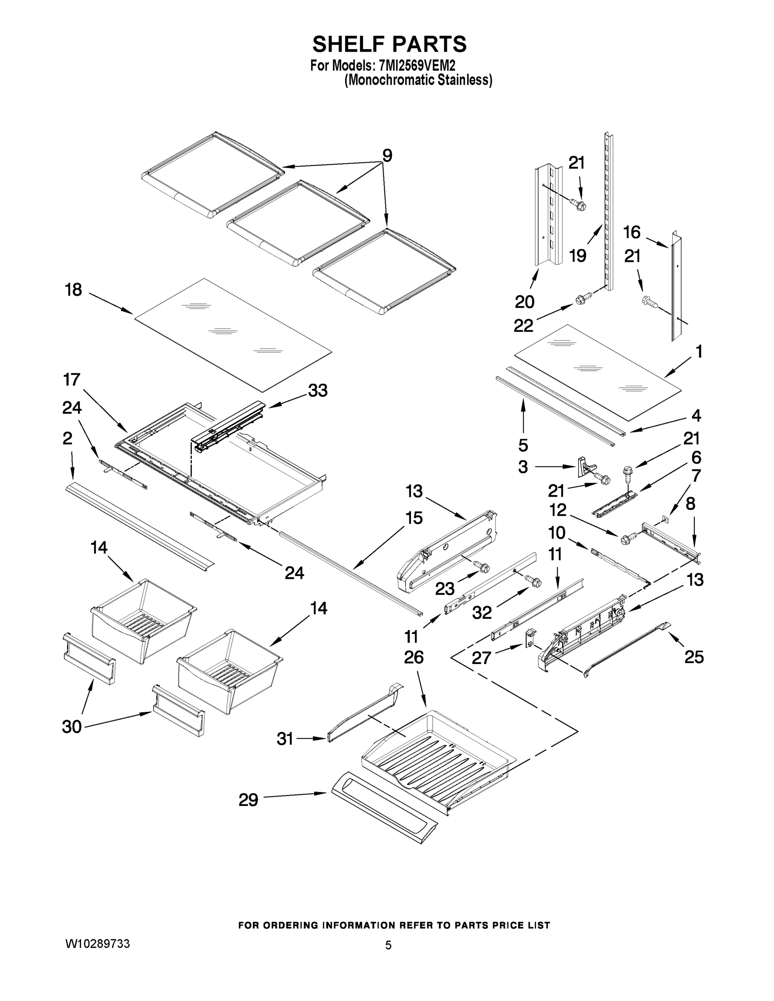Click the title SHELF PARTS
point(389,45)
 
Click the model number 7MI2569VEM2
point(417,65)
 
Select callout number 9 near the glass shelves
point(388,156)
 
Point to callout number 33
point(318,390)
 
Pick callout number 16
point(632,233)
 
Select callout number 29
point(248,800)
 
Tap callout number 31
point(285,739)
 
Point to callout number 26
point(413,657)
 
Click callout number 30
point(72,727)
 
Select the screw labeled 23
point(483,568)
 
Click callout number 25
point(694,657)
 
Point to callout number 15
point(414,518)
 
